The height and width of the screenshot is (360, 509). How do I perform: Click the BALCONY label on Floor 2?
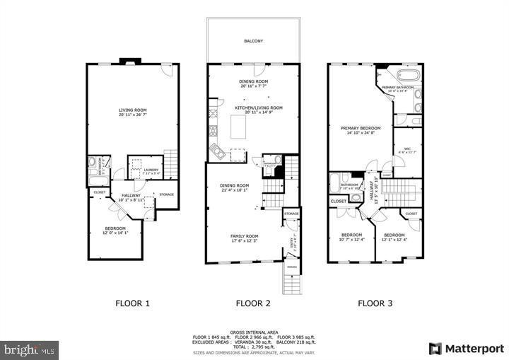[x=254, y=41]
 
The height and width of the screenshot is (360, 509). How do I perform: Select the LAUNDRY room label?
[x=151, y=169]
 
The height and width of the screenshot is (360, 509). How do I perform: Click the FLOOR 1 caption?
[x=132, y=303]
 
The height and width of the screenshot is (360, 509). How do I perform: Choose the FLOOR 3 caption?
[x=375, y=303]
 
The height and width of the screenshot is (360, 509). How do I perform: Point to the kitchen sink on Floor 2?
[x=216, y=150]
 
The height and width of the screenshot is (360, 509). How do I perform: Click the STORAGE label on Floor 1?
[x=166, y=194]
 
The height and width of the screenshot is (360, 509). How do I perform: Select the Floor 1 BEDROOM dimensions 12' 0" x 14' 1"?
[x=115, y=233]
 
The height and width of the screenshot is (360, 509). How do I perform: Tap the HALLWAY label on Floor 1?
[x=131, y=196]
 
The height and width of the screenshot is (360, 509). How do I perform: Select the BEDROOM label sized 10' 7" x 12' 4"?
[x=351, y=235]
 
